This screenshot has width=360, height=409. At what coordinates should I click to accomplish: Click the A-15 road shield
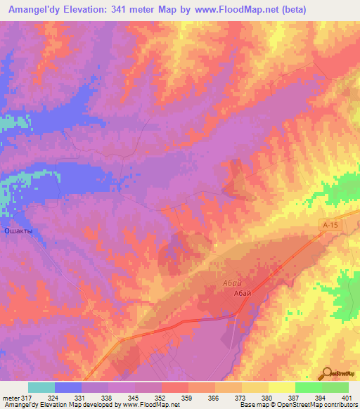point(328,223)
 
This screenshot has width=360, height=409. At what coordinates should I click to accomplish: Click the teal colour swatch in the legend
point(41,387)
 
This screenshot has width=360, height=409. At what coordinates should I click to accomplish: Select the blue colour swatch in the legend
point(68,387)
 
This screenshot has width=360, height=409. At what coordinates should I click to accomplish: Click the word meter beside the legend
point(10,397)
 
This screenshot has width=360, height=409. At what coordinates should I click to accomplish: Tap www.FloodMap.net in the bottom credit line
point(152,405)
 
